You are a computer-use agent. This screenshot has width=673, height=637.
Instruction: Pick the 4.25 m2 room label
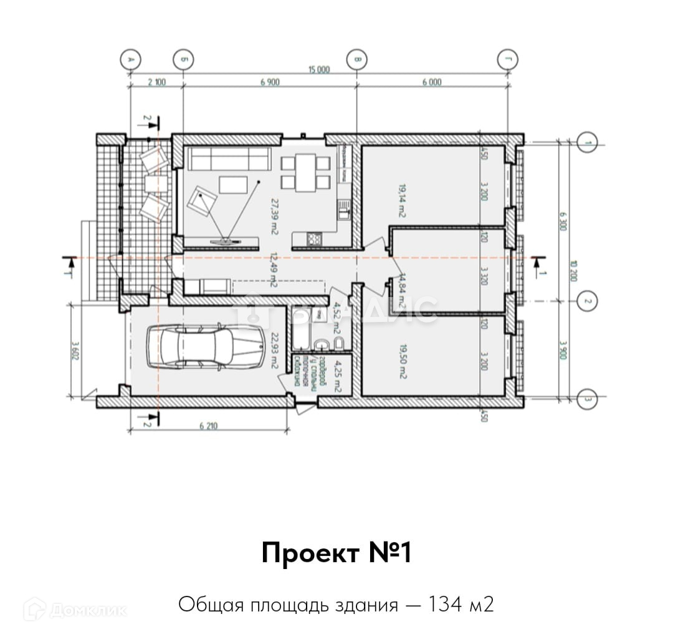tap(337, 375)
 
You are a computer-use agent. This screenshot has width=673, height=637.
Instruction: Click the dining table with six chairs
tap(305, 173)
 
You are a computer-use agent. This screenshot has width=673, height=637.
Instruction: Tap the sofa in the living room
tap(229, 158)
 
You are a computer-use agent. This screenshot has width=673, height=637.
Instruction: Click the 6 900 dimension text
tap(269, 82)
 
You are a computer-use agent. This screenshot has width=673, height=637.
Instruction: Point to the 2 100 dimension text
tap(156, 82)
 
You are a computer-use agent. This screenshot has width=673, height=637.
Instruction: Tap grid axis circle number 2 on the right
tap(586, 302)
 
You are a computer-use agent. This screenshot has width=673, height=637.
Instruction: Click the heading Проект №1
tap(336, 553)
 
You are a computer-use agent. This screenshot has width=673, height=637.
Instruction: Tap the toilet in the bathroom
tap(322, 344)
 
